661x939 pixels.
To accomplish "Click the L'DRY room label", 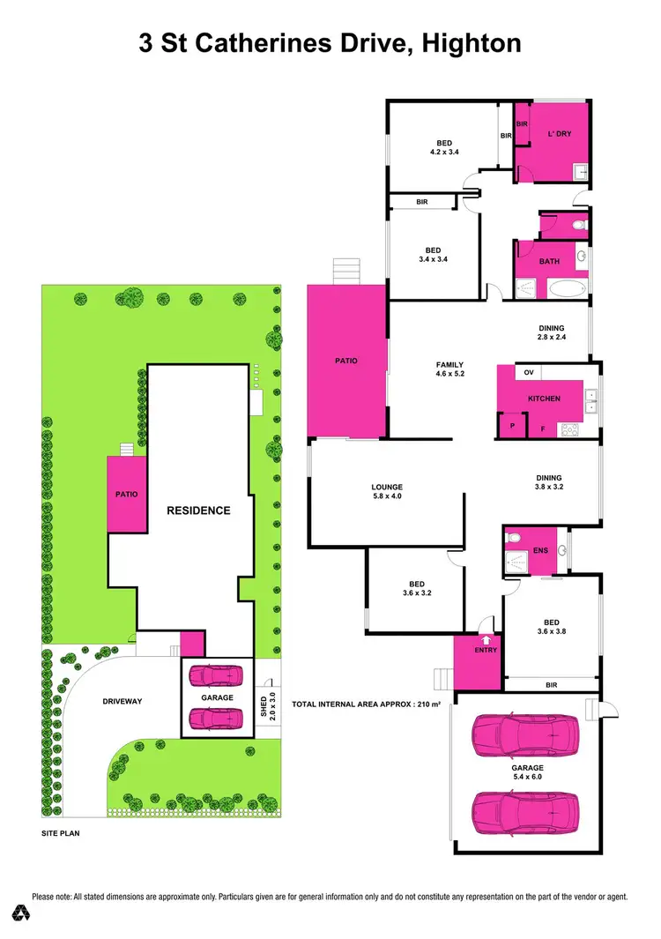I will click(x=560, y=134).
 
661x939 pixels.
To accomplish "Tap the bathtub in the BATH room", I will click(x=569, y=287).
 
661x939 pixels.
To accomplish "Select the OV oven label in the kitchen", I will click(x=529, y=373).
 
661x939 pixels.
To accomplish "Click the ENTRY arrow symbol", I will click(x=485, y=639).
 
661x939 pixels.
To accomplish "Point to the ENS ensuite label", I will click(x=540, y=551).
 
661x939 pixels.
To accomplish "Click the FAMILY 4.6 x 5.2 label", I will click(x=449, y=369).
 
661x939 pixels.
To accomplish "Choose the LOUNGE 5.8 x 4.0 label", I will click(x=387, y=491).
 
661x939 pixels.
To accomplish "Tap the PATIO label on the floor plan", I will click(x=346, y=360).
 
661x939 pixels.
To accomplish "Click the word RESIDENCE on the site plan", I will click(x=200, y=510).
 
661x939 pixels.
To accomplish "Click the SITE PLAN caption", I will click(x=65, y=832).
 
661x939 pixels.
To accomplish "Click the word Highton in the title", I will click(x=472, y=42).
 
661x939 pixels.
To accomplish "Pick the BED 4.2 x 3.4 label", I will click(x=445, y=147).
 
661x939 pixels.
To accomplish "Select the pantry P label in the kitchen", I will click(x=512, y=426).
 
